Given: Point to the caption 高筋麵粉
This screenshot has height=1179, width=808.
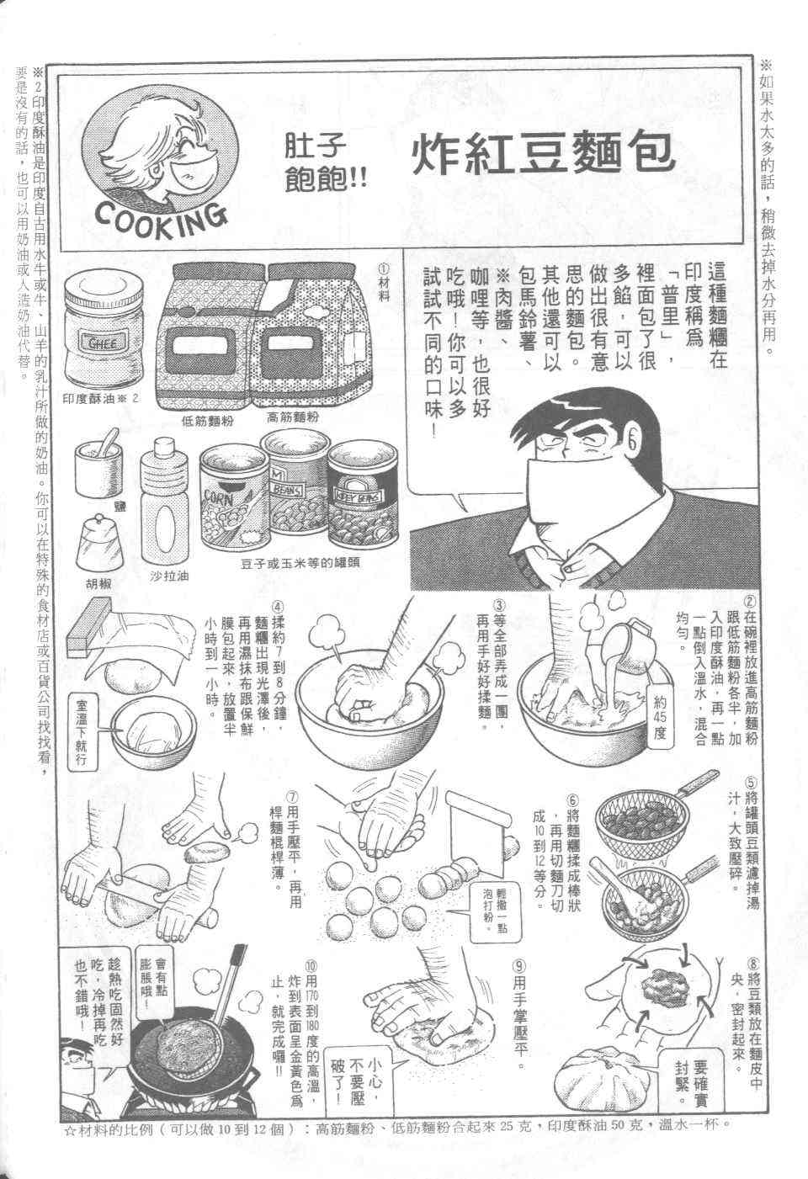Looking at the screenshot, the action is (293, 418).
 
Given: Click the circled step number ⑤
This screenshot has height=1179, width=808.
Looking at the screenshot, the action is (750, 781).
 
